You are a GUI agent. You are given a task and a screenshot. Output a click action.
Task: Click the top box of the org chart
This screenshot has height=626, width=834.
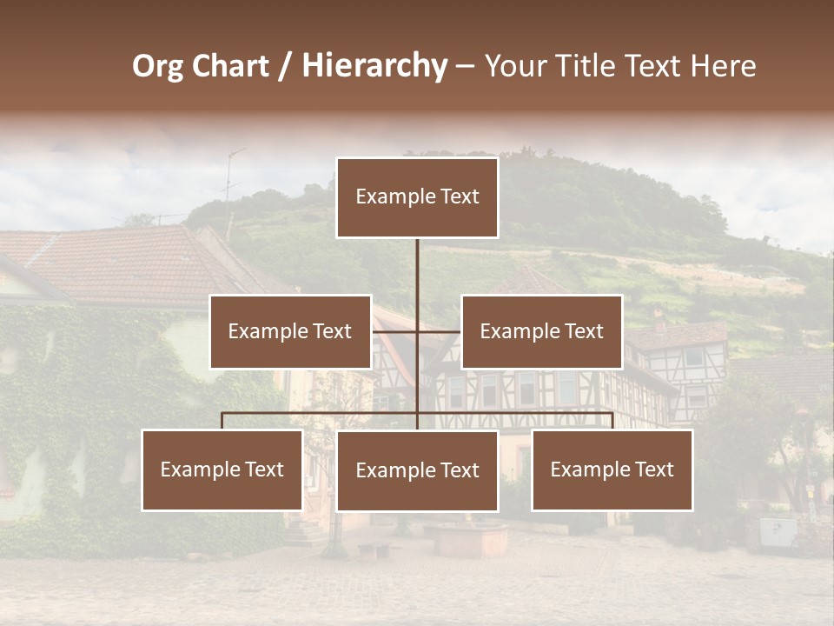(x=417, y=197)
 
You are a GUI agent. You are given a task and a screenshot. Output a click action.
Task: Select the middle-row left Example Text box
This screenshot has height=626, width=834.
(x=290, y=331)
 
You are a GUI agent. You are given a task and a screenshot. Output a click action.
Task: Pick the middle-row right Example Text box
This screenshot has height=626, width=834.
(x=541, y=331)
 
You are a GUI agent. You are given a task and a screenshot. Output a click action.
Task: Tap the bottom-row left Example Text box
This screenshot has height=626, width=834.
(x=222, y=469)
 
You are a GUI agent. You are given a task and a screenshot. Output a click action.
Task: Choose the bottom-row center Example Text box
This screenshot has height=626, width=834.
(x=417, y=470)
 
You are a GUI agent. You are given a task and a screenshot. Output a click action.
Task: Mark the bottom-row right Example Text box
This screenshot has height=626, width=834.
(x=612, y=469)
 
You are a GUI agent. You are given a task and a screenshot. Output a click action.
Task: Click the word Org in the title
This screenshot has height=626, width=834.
(x=156, y=66)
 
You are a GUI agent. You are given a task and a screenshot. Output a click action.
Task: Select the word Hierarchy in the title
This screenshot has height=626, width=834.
(x=374, y=66)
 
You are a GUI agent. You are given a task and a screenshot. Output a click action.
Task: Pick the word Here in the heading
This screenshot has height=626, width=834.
(x=723, y=66)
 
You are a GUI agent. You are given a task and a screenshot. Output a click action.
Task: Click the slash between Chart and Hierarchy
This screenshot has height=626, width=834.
(x=285, y=66)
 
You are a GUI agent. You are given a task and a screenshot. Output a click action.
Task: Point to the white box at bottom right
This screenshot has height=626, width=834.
(x=778, y=531)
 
